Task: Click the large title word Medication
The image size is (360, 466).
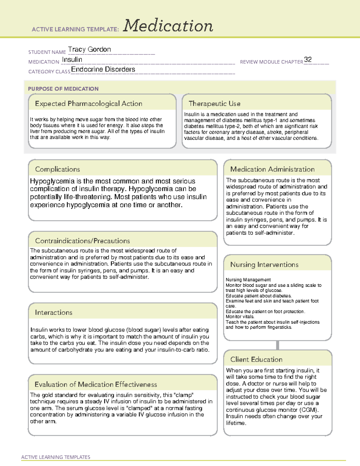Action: coord(168,26)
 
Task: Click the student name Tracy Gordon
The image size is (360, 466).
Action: coord(89,50)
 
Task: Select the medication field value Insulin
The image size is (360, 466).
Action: coord(72,60)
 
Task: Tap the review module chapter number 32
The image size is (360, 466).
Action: coord(308,59)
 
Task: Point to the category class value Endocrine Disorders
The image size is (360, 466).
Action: coord(103,69)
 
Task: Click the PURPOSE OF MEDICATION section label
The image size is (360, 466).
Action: coord(63,89)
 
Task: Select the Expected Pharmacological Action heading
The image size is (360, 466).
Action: coord(88,104)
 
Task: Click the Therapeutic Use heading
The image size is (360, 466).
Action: coord(214,104)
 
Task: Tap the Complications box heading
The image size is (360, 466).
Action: coord(57,169)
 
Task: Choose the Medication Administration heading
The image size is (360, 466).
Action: coord(272,169)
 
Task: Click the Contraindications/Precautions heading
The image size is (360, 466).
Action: coord(82,241)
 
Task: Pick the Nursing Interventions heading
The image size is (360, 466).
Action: coord(264,265)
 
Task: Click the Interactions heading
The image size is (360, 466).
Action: coord(54,313)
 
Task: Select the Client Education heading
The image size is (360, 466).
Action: coord(256,359)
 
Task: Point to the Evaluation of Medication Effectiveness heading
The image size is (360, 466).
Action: coord(96,384)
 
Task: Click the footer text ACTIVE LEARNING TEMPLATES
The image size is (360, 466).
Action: coord(56,457)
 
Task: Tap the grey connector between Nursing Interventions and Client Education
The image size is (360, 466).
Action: coord(277,345)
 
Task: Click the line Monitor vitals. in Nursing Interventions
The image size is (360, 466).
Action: coord(240,317)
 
